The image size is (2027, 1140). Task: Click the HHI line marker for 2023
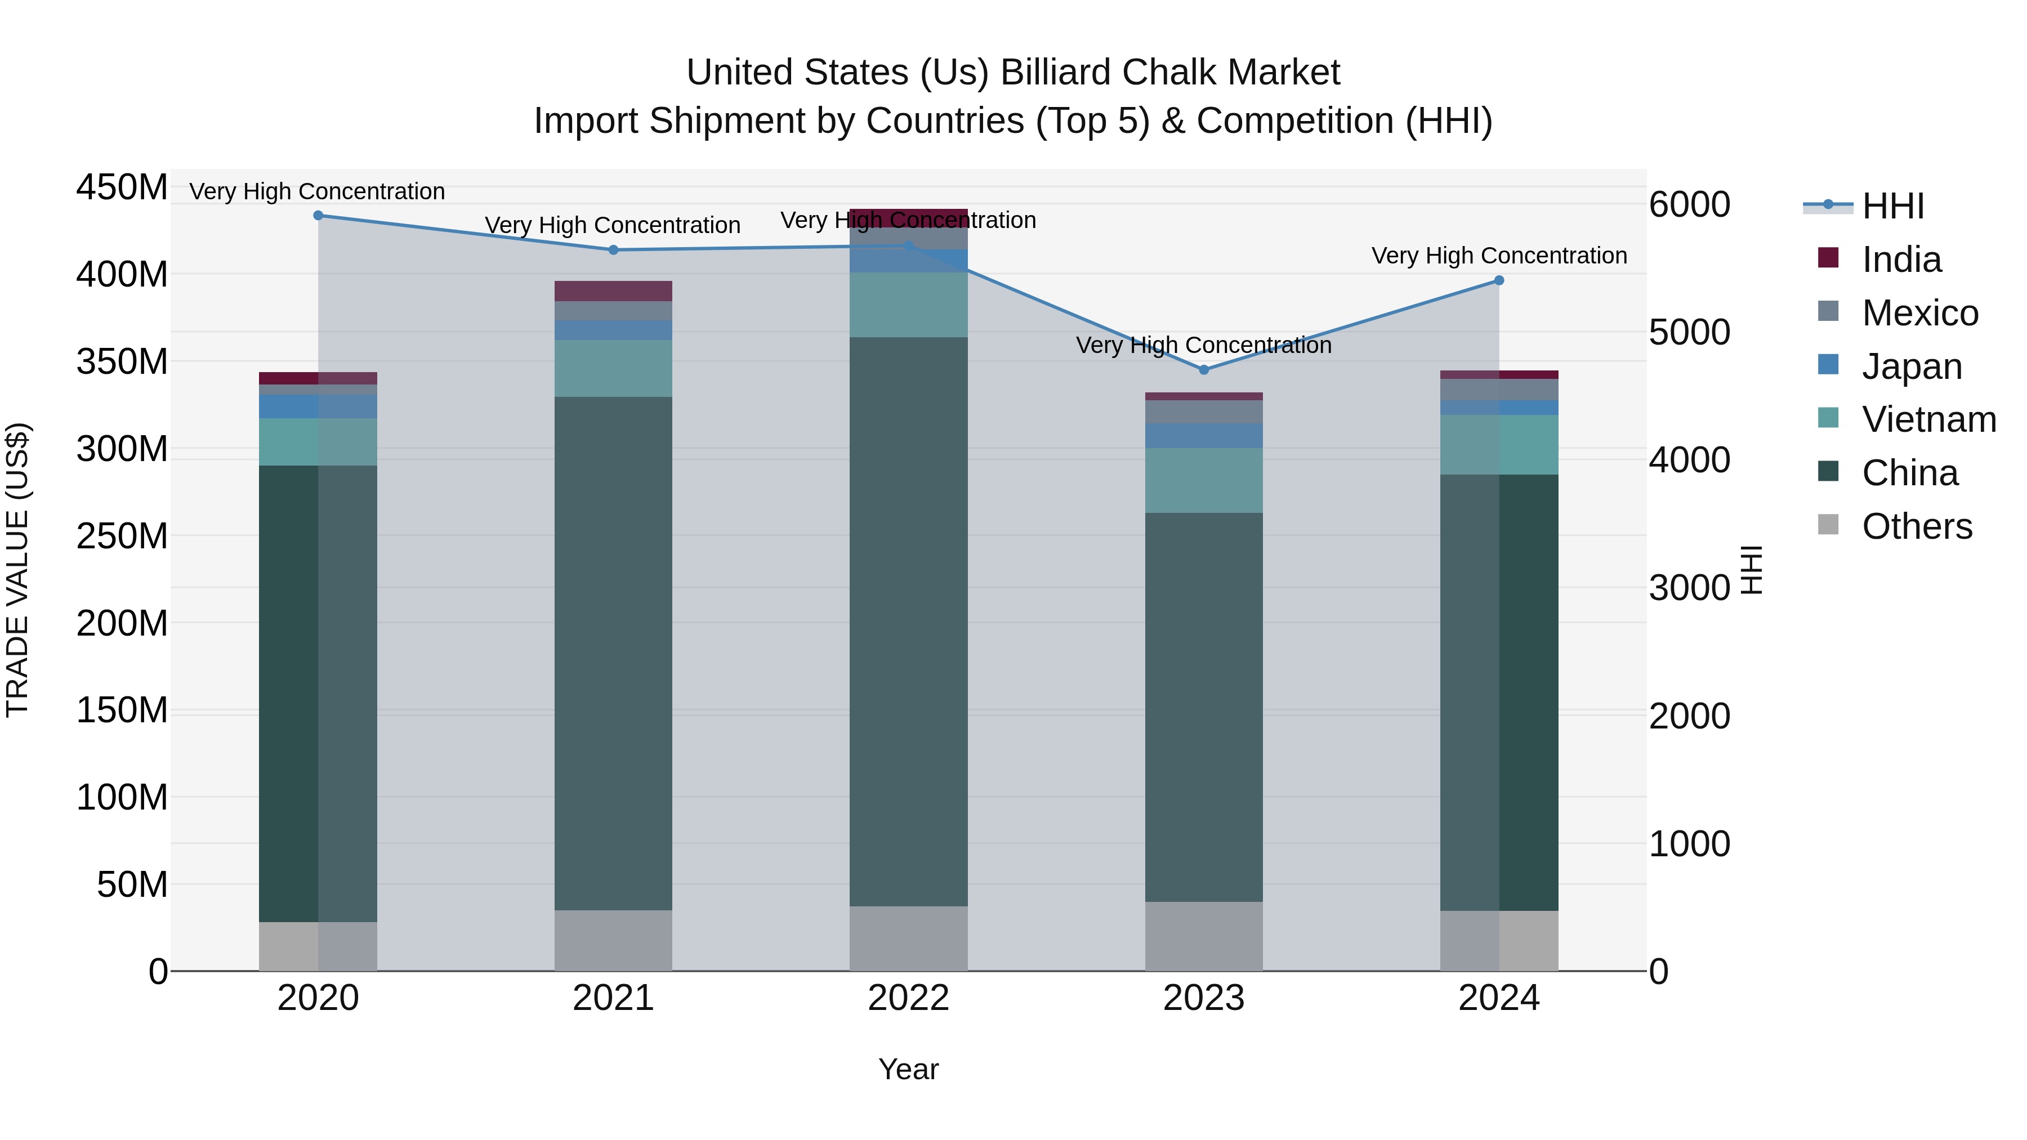click(1203, 369)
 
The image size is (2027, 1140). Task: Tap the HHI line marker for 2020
click(318, 215)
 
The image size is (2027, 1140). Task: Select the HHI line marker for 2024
click(1498, 280)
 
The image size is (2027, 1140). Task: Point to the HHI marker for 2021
click(613, 250)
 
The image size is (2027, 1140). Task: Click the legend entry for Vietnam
click(1928, 419)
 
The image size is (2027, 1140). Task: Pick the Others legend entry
click(1916, 526)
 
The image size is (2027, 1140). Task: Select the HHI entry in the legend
click(1892, 206)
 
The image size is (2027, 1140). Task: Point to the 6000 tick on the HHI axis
click(1689, 204)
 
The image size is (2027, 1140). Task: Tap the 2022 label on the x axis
click(908, 998)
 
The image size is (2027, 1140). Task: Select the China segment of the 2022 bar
click(908, 622)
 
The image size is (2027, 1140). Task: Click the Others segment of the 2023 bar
click(1203, 936)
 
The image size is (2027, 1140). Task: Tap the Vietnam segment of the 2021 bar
click(613, 368)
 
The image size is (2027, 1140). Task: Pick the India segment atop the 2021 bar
click(613, 291)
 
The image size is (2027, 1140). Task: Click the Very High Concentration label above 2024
click(1498, 256)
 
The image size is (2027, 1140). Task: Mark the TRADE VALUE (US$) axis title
click(17, 570)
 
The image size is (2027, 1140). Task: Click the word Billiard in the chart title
click(1055, 73)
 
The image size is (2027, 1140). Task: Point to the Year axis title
click(908, 1069)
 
